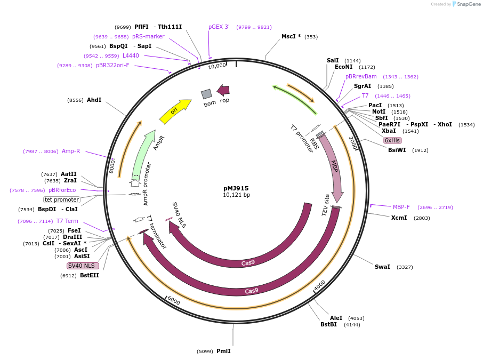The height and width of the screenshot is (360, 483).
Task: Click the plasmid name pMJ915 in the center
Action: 236,188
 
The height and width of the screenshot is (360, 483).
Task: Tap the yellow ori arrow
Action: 175,111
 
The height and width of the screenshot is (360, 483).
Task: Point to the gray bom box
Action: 206,94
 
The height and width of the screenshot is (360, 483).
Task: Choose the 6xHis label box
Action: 392,140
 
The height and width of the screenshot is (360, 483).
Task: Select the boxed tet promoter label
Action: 62,199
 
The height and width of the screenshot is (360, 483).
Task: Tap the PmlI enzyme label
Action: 223,351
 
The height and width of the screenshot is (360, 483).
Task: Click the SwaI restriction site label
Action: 382,267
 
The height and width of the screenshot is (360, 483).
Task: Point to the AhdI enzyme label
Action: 94,100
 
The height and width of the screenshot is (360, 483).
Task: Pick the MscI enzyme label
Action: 291,37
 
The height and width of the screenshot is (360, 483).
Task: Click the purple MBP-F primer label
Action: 401,207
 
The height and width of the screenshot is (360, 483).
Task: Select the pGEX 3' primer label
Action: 219,27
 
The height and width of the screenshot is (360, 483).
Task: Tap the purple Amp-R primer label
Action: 71,151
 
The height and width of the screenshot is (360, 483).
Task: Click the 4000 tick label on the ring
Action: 319,286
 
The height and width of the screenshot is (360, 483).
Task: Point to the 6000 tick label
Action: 174,301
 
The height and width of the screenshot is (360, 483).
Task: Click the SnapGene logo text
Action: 468,4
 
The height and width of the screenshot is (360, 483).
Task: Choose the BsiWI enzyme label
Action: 397,150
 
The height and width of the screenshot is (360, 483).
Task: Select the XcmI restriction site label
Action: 399,218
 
